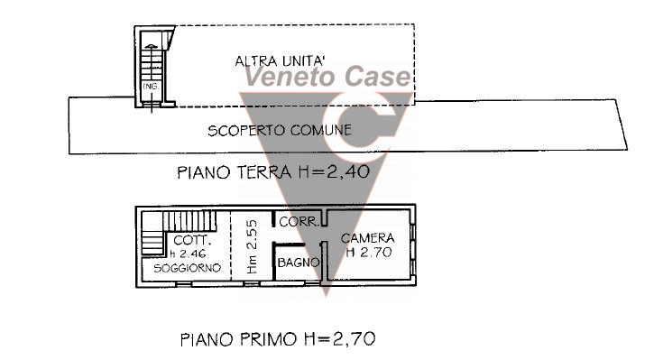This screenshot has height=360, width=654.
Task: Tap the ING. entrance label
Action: coord(150,88)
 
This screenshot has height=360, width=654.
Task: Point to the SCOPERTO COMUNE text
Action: coord(280,130)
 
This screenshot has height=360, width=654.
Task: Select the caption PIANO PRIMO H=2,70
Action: coord(277,340)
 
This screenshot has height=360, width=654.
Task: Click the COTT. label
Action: coord(191,240)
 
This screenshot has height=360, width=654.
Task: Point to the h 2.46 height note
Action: coord(190,254)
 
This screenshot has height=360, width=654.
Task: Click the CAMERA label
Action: coord(369,238)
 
